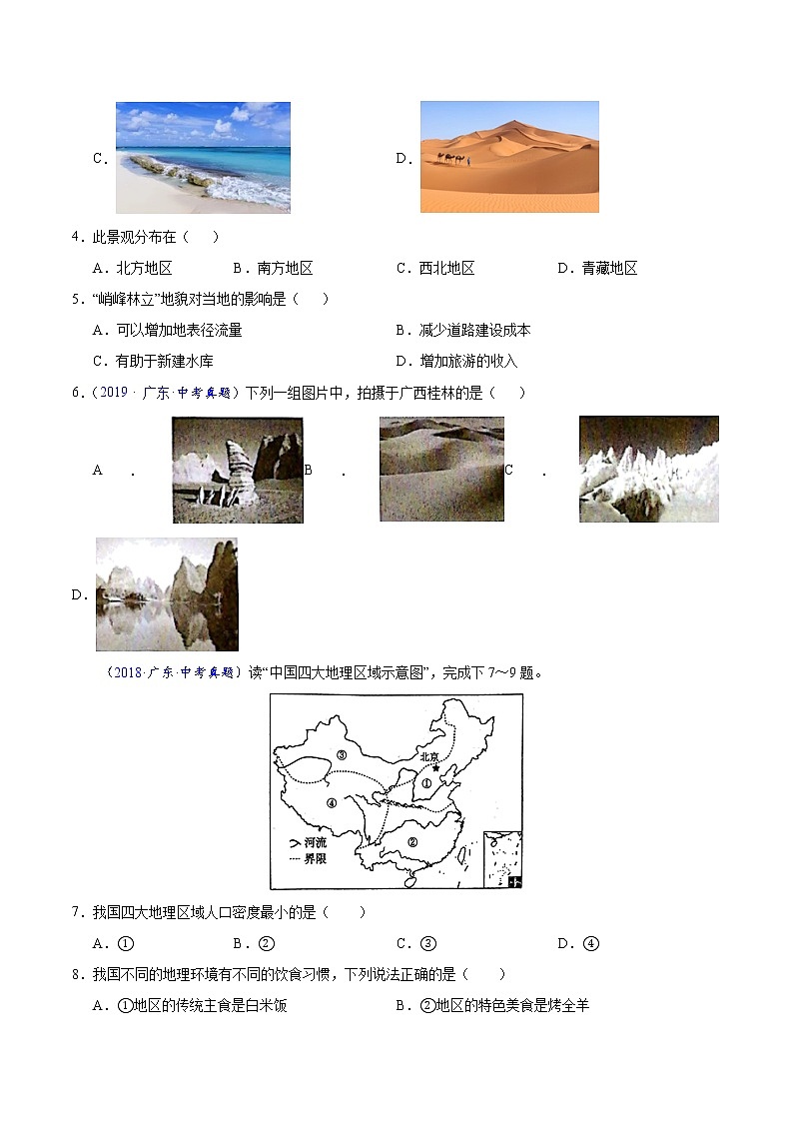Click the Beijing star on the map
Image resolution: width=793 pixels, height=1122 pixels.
433,767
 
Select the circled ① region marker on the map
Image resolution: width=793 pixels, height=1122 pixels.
426,784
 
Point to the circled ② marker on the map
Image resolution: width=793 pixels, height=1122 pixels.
410,840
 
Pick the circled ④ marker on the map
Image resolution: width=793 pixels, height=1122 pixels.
332,802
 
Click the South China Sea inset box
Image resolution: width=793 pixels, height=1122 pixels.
502,858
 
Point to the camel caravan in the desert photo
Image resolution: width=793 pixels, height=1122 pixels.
451,159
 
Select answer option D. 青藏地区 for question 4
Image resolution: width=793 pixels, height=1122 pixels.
596,268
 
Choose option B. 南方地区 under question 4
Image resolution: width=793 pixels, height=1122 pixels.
273,268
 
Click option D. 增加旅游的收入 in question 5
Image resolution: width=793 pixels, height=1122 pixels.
456,361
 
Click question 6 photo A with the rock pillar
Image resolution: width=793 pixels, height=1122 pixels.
238,470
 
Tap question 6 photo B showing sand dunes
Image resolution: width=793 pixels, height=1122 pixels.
441,470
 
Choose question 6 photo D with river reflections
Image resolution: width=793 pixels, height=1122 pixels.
167,594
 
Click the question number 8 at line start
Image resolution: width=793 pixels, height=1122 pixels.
76,975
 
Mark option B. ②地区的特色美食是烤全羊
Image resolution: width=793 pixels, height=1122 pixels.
492,1005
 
